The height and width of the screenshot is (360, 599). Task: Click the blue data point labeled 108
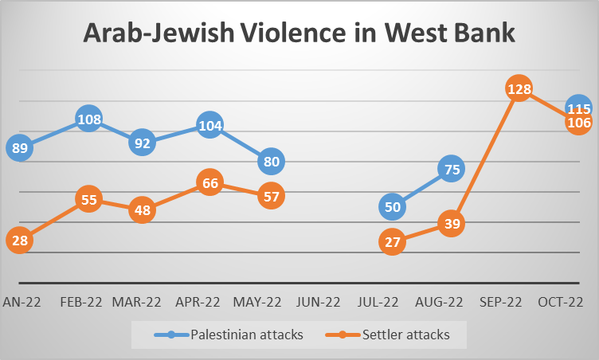pyautogui.click(x=89, y=119)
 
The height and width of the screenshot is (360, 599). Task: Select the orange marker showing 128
pyautogui.click(x=519, y=88)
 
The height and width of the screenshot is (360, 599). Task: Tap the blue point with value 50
pyautogui.click(x=393, y=207)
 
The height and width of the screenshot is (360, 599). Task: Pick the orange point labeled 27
pyautogui.click(x=393, y=241)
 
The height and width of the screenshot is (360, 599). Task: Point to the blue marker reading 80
pyautogui.click(x=272, y=161)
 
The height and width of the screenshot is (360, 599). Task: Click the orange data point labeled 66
pyautogui.click(x=209, y=182)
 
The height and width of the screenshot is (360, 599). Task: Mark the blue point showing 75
pyautogui.click(x=452, y=169)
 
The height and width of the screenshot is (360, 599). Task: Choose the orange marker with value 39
pyautogui.click(x=452, y=223)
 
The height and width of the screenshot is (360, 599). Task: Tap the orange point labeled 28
pyautogui.click(x=19, y=241)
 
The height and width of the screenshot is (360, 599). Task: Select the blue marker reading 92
pyautogui.click(x=142, y=143)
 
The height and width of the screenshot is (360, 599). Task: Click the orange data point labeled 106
pyautogui.click(x=579, y=123)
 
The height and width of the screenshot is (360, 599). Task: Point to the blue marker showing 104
pyautogui.click(x=209, y=125)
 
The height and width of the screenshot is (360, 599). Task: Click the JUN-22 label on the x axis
pyautogui.click(x=319, y=303)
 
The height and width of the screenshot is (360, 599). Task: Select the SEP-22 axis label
pyautogui.click(x=500, y=303)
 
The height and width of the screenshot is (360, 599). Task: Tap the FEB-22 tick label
pyautogui.click(x=81, y=303)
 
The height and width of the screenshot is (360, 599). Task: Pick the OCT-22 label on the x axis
pyautogui.click(x=561, y=303)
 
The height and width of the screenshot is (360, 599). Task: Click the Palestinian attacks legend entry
pyautogui.click(x=229, y=335)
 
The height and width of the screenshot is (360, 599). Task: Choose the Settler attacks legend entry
pyautogui.click(x=387, y=335)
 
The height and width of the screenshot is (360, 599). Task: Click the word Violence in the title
pyautogui.click(x=293, y=32)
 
